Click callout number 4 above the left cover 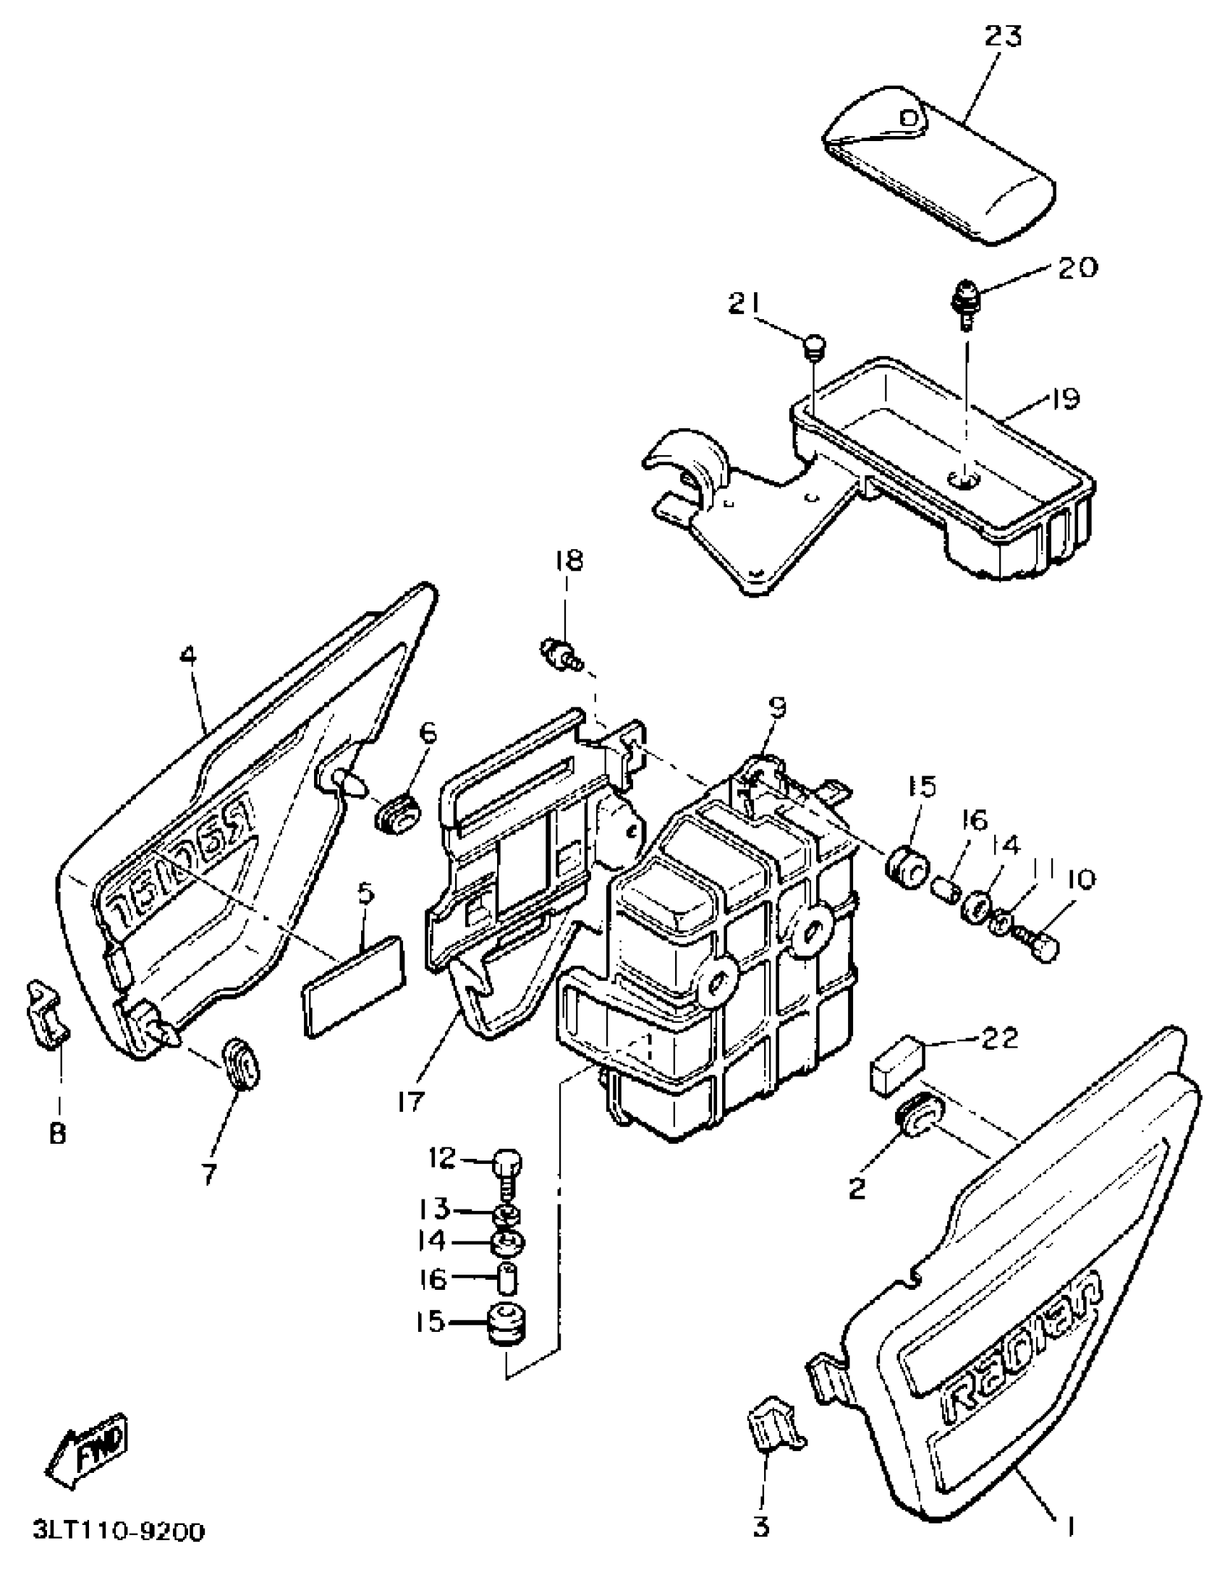[187, 656]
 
